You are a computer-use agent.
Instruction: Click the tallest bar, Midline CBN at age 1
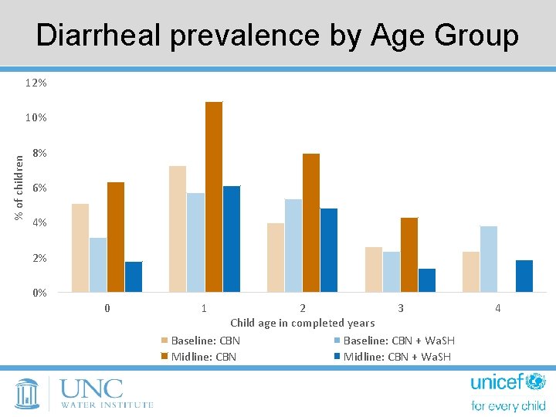pos(214,197)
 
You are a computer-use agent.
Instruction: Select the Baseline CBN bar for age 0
pos(80,247)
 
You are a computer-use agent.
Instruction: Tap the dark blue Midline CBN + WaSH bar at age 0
pos(134,276)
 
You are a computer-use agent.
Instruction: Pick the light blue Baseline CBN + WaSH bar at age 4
pos(489,259)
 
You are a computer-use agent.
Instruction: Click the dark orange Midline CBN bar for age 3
pos(409,255)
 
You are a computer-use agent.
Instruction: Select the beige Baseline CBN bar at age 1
pos(178,229)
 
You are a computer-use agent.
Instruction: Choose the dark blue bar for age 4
pos(524,276)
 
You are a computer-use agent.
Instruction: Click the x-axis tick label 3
pos(400,308)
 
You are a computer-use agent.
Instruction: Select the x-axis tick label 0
pos(107,308)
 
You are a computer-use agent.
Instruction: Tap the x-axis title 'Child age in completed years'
pos(302,323)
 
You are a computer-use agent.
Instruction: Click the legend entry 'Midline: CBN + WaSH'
pos(396,356)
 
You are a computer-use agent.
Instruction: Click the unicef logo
pos(507,392)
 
